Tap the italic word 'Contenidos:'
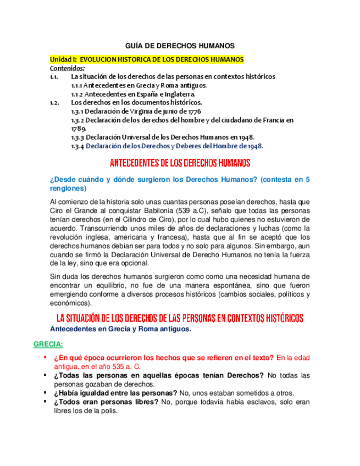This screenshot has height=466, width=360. [x=68, y=68]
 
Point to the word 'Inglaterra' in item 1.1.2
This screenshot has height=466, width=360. [x=178, y=95]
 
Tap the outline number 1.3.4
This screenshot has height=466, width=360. [x=77, y=146]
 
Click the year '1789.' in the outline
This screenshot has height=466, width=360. [x=80, y=128]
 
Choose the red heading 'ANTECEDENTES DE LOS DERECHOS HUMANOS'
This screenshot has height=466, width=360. [x=180, y=163]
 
